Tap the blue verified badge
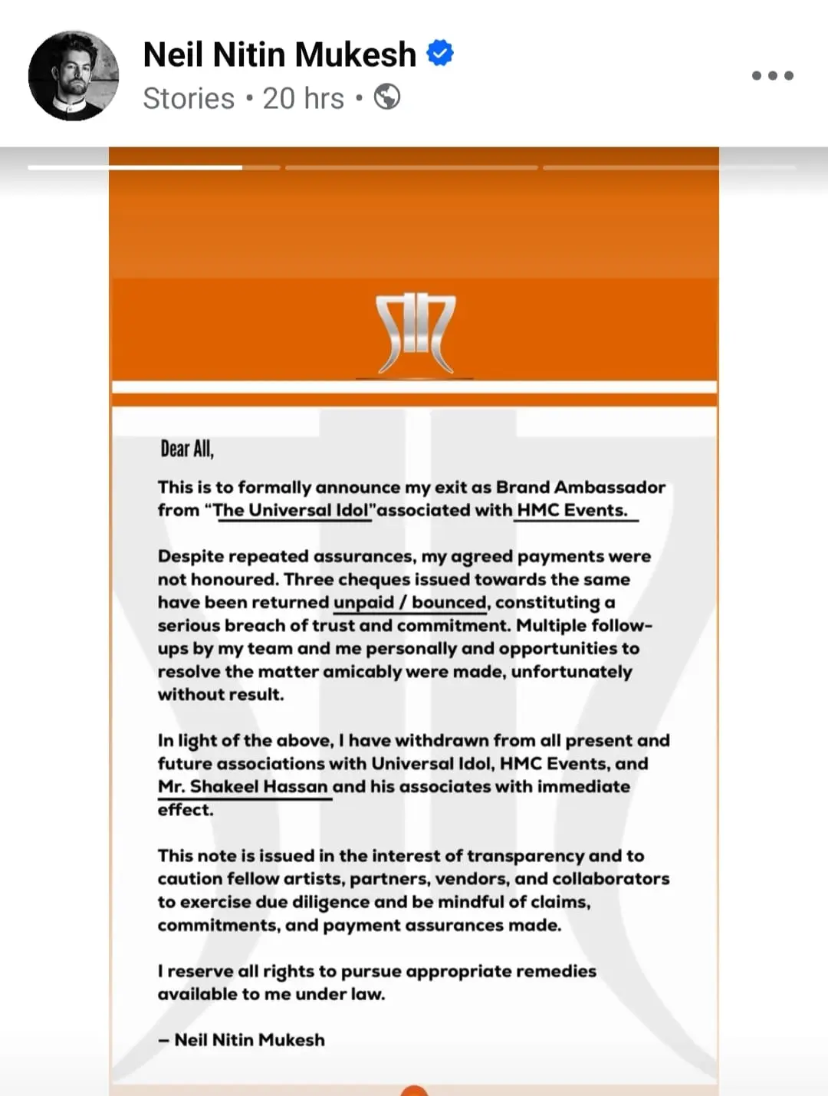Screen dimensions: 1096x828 click(x=440, y=53)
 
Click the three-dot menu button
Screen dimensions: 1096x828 click(x=772, y=75)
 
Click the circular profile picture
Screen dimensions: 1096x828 click(x=74, y=75)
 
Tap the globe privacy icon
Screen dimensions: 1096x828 click(x=387, y=97)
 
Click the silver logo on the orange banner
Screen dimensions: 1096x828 click(x=415, y=334)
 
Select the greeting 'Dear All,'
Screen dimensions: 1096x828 click(x=187, y=449)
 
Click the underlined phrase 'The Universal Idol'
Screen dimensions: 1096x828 click(x=291, y=510)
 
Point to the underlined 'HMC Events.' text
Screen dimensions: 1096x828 click(x=572, y=510)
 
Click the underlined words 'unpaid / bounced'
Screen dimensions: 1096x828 click(x=410, y=602)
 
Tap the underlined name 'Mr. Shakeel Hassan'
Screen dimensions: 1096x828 click(x=243, y=786)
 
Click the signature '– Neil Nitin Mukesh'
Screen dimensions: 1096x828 click(x=242, y=1039)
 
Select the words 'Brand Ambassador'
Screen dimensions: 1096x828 click(x=580, y=487)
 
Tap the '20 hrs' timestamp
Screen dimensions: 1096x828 click(x=303, y=98)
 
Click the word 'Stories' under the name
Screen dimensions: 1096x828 click(x=189, y=98)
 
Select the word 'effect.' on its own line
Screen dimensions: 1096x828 click(x=186, y=810)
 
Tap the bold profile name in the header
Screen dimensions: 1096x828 click(x=279, y=54)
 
